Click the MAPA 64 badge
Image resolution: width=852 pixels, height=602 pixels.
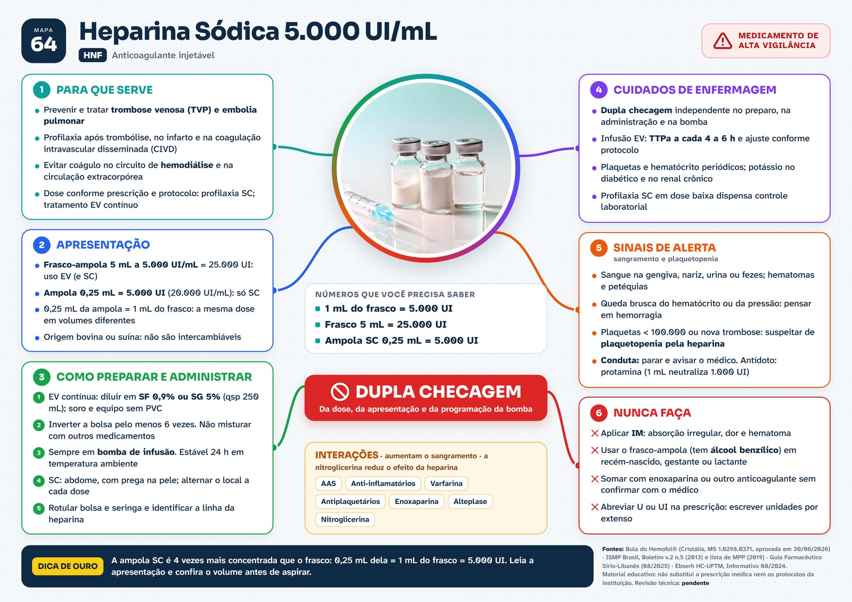tap(43, 40)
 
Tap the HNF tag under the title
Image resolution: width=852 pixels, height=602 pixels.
tap(93, 55)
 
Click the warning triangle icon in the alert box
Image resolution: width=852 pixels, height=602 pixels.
tap(722, 41)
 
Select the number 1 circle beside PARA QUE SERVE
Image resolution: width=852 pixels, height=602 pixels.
tap(42, 90)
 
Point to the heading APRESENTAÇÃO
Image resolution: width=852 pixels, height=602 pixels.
tap(103, 244)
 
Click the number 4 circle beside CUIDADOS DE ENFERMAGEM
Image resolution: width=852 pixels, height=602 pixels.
tap(599, 90)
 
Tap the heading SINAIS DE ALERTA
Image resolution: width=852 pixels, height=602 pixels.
tap(665, 248)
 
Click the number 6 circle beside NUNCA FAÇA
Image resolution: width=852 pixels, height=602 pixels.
tap(599, 413)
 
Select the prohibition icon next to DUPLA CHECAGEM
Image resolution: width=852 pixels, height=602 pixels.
tap(340, 392)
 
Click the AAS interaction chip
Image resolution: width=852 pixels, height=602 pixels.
tap(328, 483)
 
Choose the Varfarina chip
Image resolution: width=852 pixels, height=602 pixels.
tap(446, 483)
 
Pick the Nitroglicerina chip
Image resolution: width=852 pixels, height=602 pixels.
tap(345, 519)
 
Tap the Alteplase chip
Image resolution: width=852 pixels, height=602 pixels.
tap(470, 501)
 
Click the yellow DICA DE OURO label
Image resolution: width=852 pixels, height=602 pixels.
tap(68, 566)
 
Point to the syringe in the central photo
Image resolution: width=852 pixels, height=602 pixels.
tap(371, 207)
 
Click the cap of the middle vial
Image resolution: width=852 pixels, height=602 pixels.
tap(436, 148)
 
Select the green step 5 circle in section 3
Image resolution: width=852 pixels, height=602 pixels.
tap(38, 508)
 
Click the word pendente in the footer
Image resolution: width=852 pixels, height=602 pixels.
tap(695, 583)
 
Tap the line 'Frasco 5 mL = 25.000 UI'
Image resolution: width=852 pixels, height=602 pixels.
tap(386, 324)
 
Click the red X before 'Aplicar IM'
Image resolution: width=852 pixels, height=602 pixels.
tap(595, 433)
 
